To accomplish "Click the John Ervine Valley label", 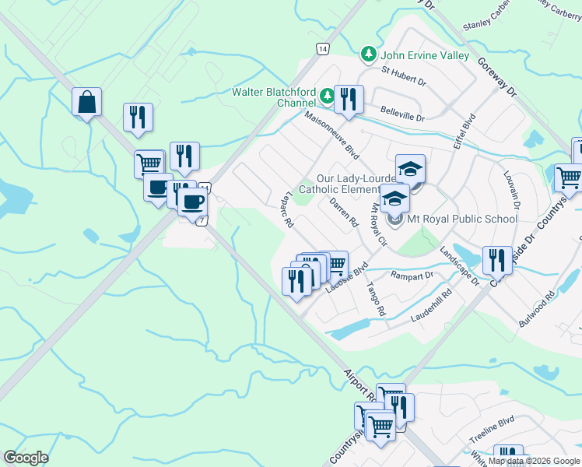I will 424,55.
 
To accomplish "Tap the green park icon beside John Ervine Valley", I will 368,54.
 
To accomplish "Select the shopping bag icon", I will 86,102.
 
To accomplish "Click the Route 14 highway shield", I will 321,48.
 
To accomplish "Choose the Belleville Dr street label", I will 402,114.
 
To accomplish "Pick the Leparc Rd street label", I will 289,209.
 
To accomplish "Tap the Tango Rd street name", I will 376,298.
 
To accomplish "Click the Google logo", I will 26,458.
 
